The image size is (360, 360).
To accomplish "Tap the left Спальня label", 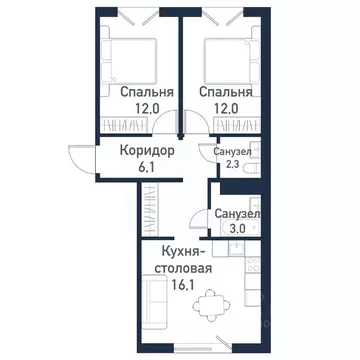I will [141, 92].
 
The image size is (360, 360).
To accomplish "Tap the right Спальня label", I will [224, 92].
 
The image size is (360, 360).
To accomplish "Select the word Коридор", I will [147, 149].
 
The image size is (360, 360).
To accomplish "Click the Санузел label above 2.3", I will [233, 150].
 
